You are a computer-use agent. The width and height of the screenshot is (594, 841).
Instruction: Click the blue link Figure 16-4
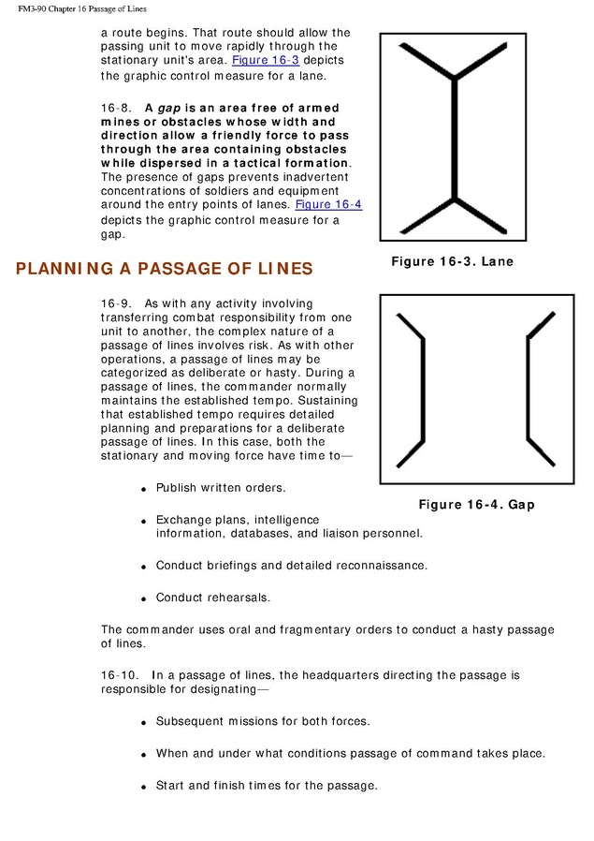tap(328, 204)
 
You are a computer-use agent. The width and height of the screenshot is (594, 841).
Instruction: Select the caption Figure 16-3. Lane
tap(452, 261)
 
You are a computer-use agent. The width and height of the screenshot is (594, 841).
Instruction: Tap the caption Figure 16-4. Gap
tap(476, 505)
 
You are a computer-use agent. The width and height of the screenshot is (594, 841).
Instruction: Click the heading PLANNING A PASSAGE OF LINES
tap(164, 269)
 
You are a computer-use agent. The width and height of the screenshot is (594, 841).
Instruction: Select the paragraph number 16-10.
tap(119, 674)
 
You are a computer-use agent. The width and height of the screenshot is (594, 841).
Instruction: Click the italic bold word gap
tap(169, 109)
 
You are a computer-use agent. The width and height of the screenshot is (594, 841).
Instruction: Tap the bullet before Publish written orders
tap(144, 490)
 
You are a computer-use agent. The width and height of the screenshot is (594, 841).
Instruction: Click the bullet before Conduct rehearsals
tap(144, 598)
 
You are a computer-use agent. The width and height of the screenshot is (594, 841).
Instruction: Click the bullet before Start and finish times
tap(144, 787)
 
